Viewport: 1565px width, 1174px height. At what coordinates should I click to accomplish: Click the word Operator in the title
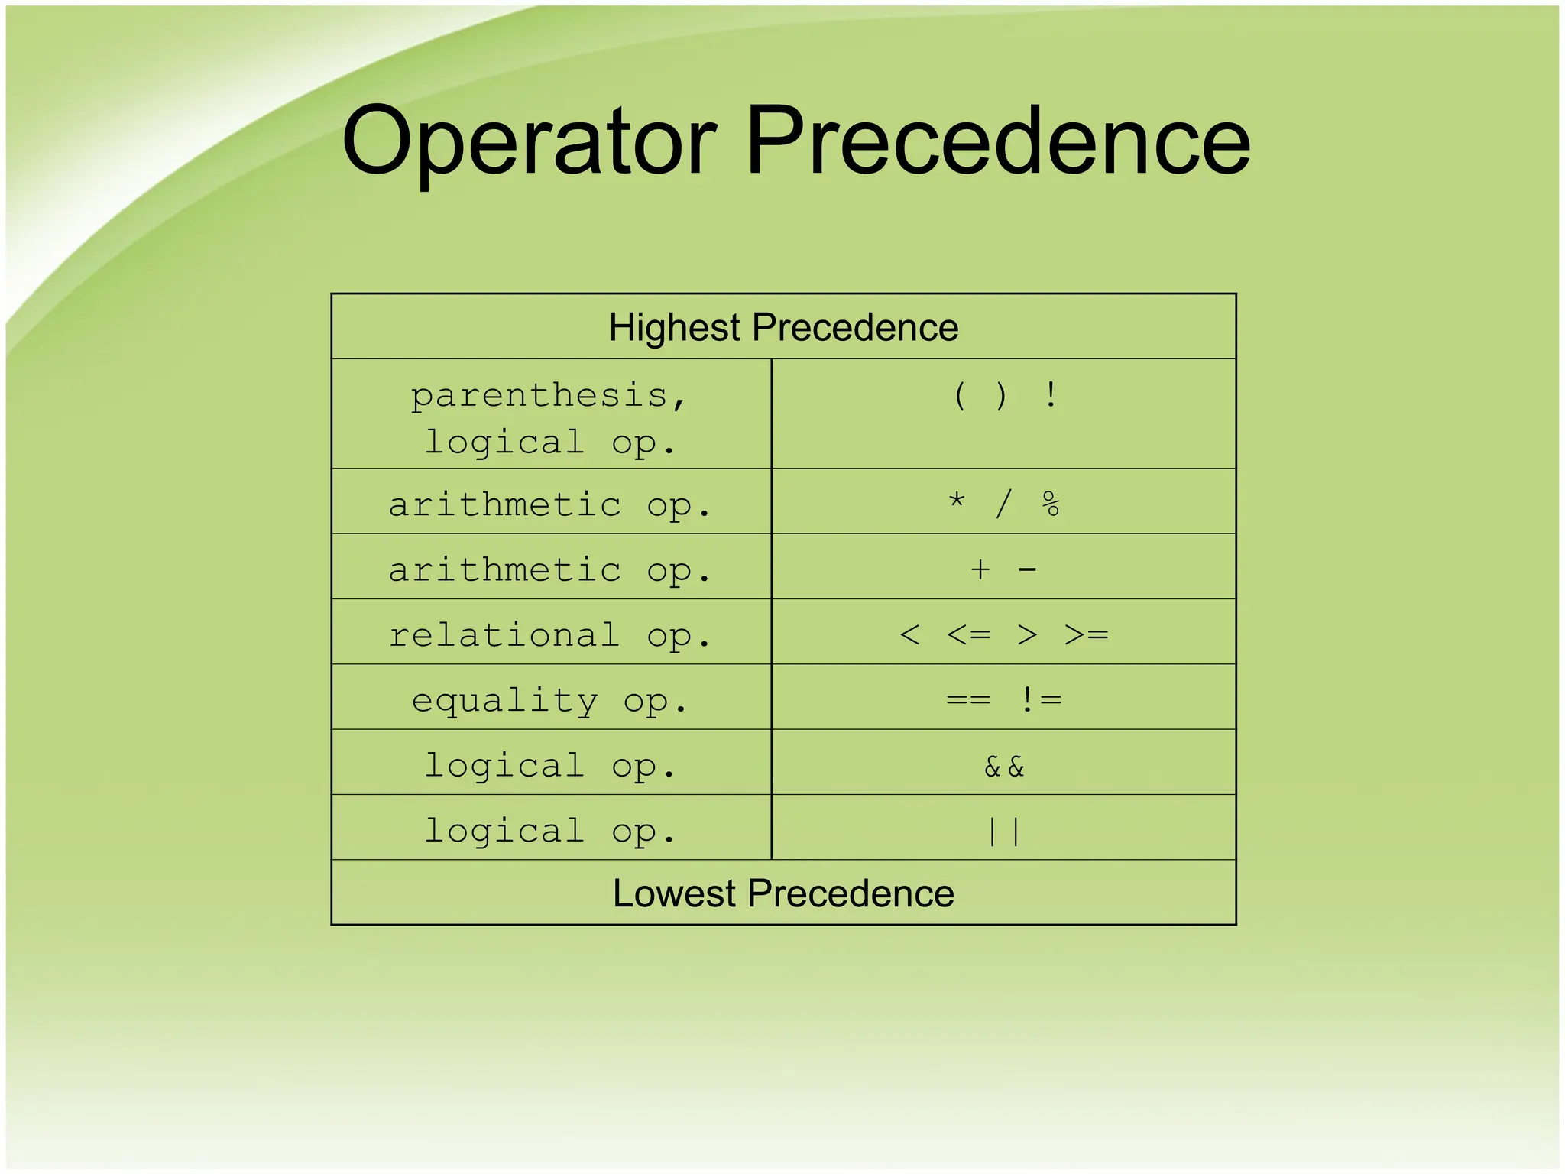[529, 143]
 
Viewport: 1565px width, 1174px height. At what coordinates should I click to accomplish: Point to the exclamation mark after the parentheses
[1051, 395]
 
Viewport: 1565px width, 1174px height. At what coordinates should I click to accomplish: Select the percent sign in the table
[1051, 504]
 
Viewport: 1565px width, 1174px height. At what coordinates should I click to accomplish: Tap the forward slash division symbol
[1003, 504]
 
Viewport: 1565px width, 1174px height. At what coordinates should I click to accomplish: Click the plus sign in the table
[980, 569]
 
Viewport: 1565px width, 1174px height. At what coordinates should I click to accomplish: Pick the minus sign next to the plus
[1028, 570]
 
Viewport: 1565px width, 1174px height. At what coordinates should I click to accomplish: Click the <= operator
[969, 634]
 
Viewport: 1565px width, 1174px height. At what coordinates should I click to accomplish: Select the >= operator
[1086, 634]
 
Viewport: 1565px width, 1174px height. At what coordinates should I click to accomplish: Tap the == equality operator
[968, 700]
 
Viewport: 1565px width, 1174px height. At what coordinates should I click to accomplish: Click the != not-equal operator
[1040, 699]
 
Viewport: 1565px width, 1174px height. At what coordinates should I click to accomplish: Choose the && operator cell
[1004, 766]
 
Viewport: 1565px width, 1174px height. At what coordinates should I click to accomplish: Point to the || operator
[1004, 832]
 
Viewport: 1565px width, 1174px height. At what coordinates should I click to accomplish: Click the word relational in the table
[504, 635]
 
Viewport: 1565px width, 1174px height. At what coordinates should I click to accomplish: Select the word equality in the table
[504, 701]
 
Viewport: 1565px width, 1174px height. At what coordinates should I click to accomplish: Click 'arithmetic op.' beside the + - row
[549, 570]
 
